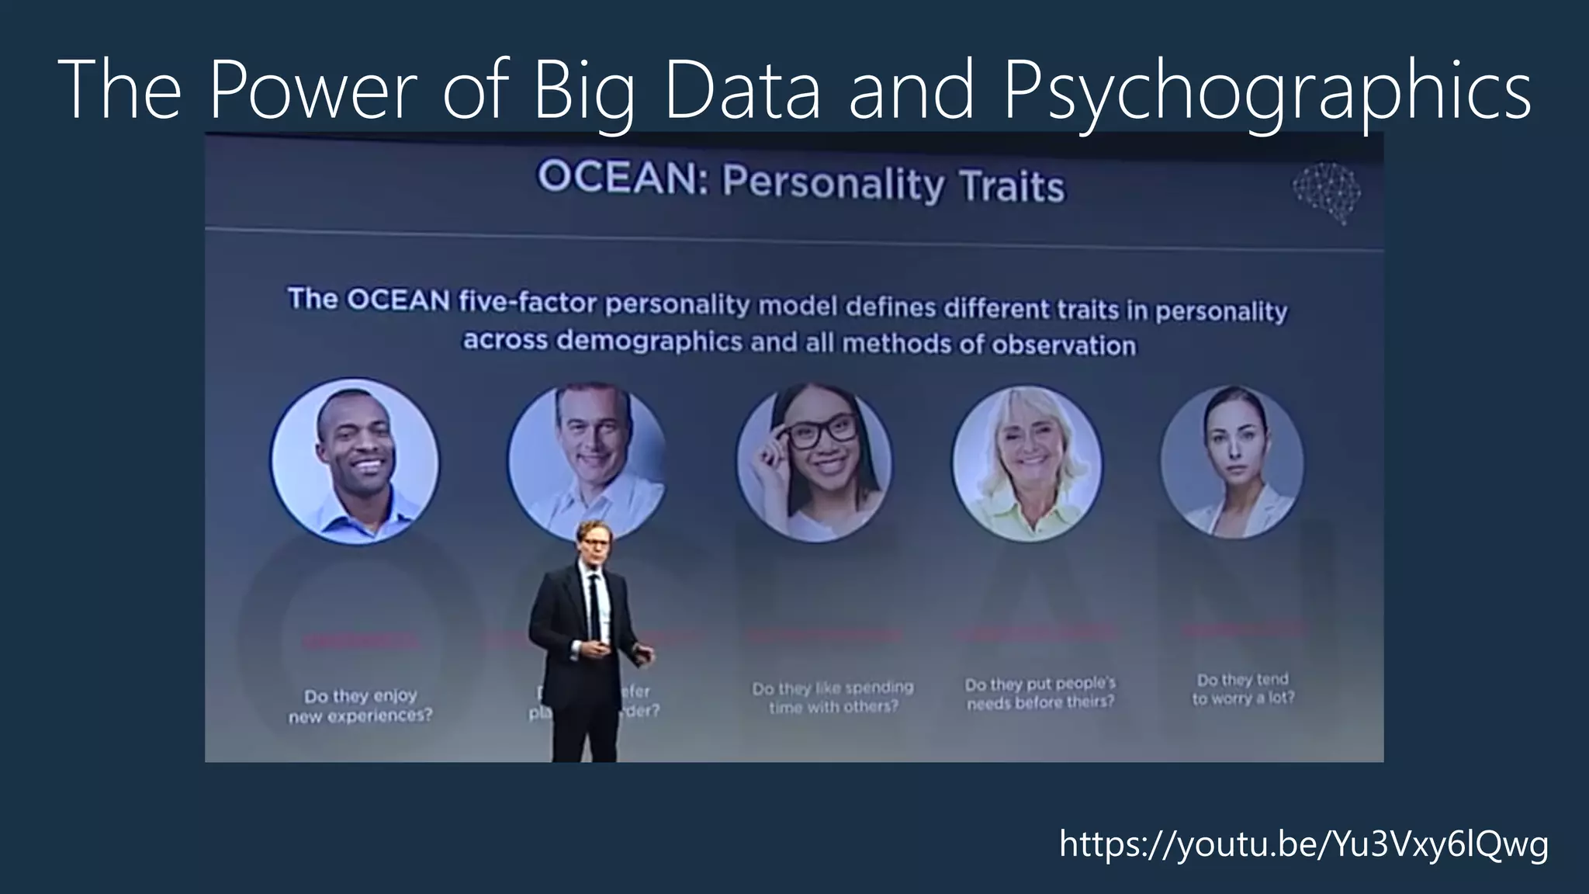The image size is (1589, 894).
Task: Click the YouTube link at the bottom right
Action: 1303,844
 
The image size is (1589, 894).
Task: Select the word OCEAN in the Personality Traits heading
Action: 621,178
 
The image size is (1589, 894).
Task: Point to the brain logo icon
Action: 1328,191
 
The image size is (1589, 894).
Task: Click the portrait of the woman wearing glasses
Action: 814,463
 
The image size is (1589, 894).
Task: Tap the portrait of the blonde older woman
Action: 1027,464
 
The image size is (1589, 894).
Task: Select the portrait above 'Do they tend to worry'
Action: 1232,463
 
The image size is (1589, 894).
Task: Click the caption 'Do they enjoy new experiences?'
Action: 361,705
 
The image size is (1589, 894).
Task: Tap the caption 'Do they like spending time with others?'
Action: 833,697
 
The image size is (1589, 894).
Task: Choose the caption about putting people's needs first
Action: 1040,692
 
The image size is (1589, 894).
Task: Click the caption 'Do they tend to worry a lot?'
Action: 1243,688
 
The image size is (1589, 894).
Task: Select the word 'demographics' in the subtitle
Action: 649,341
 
